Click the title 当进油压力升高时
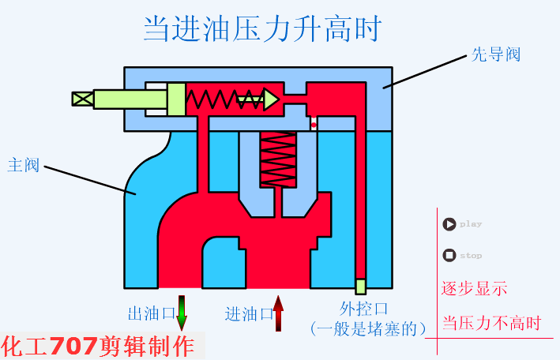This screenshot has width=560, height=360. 262,29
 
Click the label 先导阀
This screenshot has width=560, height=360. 495,55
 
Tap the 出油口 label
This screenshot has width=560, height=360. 150,313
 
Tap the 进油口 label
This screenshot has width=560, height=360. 248,313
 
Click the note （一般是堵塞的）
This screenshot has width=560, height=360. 368,327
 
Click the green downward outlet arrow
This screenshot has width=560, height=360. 182,313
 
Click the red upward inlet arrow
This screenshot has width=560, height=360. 278,313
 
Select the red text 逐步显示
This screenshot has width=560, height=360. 474,288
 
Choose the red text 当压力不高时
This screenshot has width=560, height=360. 491,323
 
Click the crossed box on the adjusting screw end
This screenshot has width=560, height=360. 82,99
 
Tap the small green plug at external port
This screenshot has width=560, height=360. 360,286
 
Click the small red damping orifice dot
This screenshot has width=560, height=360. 314,125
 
